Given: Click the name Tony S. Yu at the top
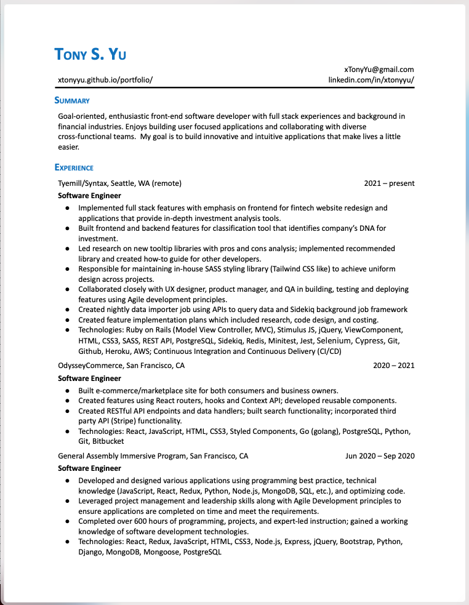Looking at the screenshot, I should click(x=90, y=54).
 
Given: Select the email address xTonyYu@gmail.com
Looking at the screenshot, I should click(x=379, y=70).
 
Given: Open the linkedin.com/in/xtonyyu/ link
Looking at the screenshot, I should click(x=371, y=80).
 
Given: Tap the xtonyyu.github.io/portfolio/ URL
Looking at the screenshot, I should click(x=105, y=80).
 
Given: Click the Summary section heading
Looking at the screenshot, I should click(x=72, y=100).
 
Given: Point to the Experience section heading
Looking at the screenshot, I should click(x=74, y=167).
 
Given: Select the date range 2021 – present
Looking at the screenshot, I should click(x=389, y=183).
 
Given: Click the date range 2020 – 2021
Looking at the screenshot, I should click(x=393, y=366).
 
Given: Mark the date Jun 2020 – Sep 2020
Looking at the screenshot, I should click(x=380, y=456).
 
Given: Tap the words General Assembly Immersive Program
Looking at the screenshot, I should click(x=122, y=456).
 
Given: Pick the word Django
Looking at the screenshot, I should click(x=90, y=552).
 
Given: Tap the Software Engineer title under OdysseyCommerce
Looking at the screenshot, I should click(x=89, y=379).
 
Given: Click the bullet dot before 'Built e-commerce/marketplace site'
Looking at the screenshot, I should click(x=66, y=391).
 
